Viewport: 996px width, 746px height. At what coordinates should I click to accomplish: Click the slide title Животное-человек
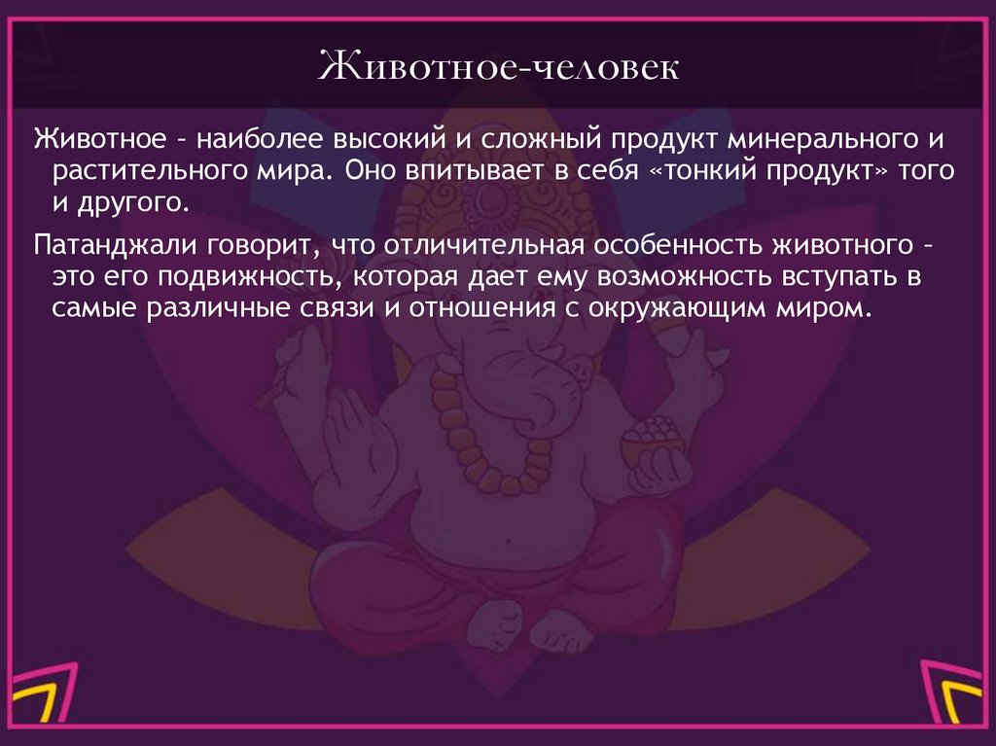tap(498, 71)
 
